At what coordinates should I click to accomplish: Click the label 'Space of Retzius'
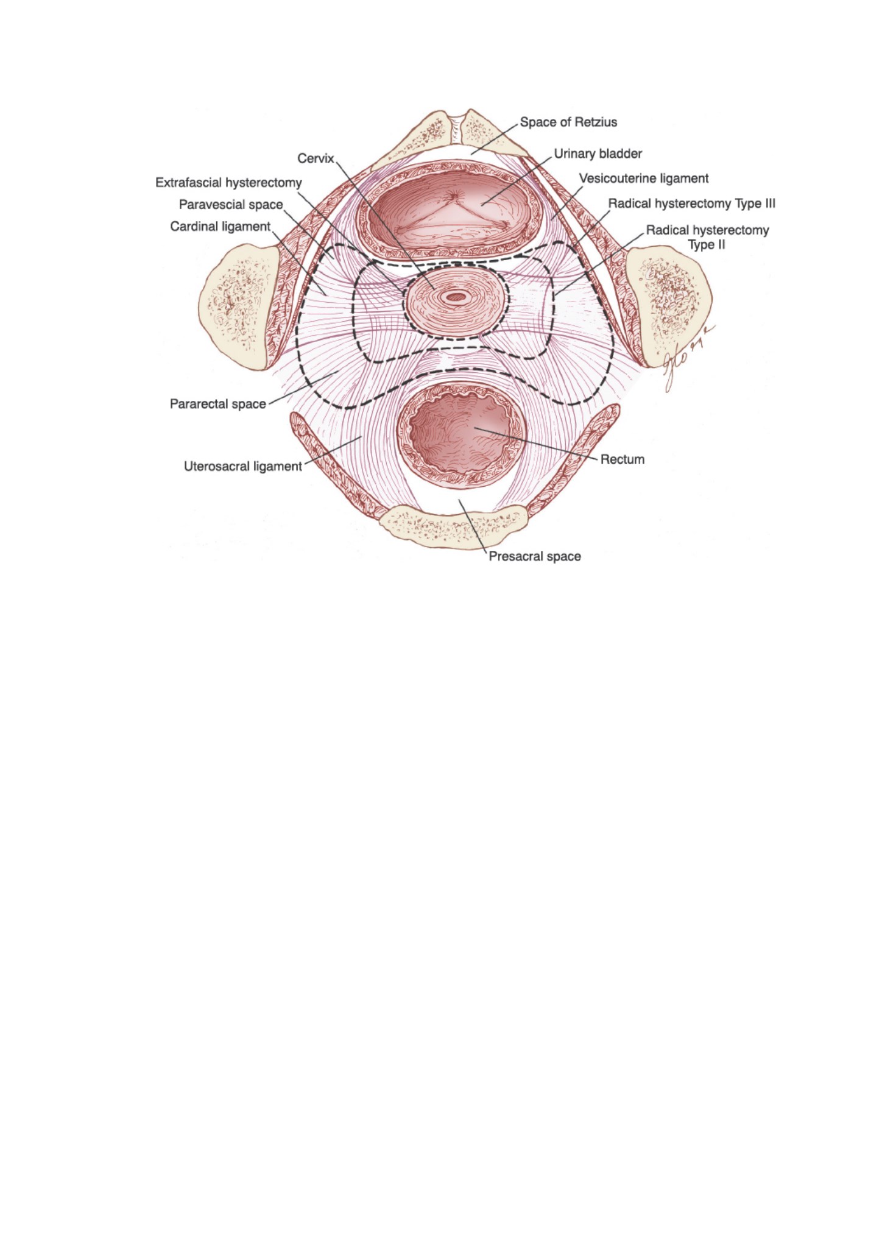coord(568,122)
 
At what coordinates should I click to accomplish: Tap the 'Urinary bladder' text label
coord(598,154)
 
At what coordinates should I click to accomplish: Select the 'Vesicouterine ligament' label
coord(644,179)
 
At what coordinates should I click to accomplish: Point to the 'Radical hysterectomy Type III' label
coord(692,203)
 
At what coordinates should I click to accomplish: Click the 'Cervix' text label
coord(316,158)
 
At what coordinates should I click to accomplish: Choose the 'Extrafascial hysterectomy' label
coord(228,183)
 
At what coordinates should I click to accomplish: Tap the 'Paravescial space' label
coord(231,205)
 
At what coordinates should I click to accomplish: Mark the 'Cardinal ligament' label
coord(220,227)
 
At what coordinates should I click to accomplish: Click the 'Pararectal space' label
coord(217,404)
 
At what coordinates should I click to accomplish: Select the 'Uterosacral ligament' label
coord(242,467)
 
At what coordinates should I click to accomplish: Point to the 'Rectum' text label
coord(623,459)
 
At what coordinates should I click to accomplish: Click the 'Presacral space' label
coord(535,556)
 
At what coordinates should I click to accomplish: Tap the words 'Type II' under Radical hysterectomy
coord(707,245)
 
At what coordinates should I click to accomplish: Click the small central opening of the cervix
coord(454,297)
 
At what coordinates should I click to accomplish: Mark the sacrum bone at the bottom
coord(454,526)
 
